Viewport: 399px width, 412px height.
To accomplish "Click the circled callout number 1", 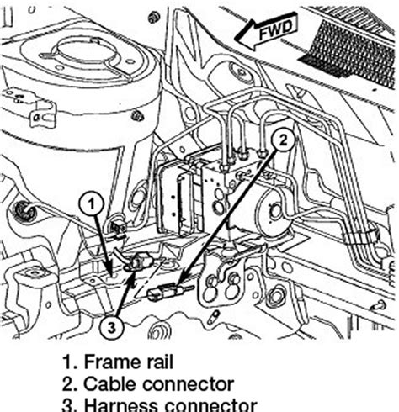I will coord(93,202).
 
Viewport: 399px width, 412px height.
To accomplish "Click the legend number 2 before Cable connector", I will coord(66,384).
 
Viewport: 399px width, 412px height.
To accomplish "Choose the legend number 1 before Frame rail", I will coord(66,362).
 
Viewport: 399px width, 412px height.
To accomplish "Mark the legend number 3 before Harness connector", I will coord(66,404).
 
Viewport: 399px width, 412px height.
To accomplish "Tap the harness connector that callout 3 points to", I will coord(135,267).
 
